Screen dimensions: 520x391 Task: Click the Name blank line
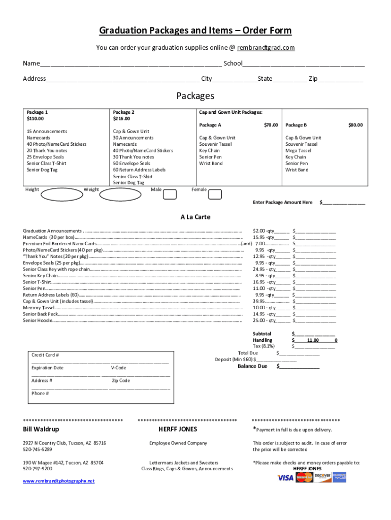point(131,64)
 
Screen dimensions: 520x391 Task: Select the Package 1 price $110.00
point(36,118)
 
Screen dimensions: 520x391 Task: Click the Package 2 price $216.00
point(122,118)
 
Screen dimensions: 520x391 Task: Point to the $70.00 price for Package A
point(271,125)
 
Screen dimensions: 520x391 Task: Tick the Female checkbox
point(215,194)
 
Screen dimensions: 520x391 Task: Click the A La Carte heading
point(195,217)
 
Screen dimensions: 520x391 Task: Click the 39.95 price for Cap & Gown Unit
point(259,301)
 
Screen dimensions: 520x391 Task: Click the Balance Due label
point(252,366)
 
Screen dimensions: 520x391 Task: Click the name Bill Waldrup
point(41,430)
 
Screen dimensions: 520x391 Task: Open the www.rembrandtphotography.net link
point(58,481)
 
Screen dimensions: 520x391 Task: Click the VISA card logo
point(286,477)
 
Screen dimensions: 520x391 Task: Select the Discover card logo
point(322,477)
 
